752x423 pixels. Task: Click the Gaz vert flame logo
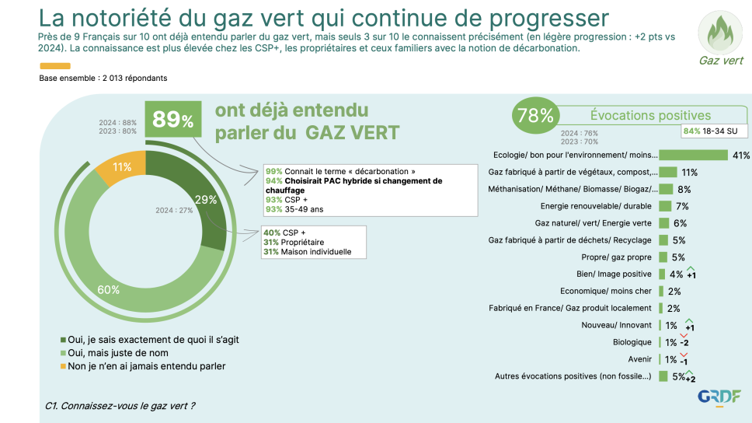[720, 32]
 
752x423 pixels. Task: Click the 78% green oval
[535, 116]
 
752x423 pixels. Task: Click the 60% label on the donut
[109, 290]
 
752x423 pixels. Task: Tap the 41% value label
[740, 156]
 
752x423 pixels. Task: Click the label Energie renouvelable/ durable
[596, 206]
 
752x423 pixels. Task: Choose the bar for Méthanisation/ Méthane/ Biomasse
[666, 189]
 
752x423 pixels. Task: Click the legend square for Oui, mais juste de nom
[63, 353]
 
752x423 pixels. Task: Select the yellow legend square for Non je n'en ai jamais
[63, 366]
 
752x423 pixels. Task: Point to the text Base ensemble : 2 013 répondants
[103, 78]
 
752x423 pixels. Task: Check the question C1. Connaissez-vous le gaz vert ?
[120, 406]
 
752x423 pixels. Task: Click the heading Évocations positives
[650, 116]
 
